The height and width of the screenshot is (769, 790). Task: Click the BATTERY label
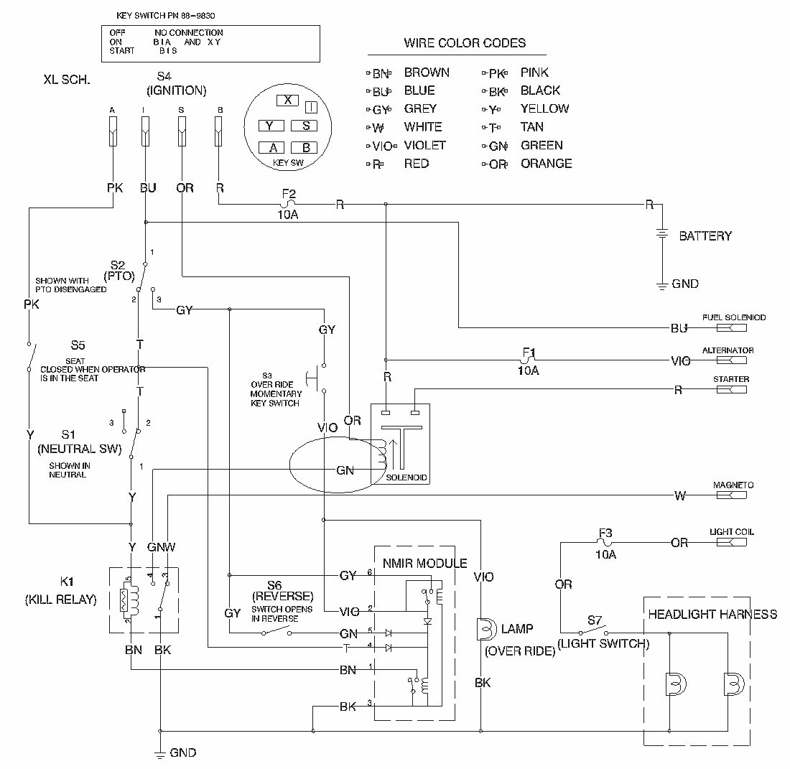pyautogui.click(x=705, y=236)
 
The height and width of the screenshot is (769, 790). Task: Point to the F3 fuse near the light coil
pyautogui.click(x=605, y=543)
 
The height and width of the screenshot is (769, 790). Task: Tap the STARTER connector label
pyautogui.click(x=731, y=379)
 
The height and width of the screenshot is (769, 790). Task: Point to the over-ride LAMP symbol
pyautogui.click(x=485, y=630)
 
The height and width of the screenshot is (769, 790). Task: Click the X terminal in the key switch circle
pyautogui.click(x=287, y=101)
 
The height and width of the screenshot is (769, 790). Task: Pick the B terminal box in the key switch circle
pyautogui.click(x=305, y=148)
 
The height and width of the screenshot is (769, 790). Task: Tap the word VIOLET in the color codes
pyautogui.click(x=425, y=145)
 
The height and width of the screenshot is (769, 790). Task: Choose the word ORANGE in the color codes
pyautogui.click(x=546, y=163)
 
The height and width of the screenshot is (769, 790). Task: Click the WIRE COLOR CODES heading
pyautogui.click(x=465, y=43)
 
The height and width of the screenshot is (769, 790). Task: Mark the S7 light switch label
pyautogui.click(x=594, y=619)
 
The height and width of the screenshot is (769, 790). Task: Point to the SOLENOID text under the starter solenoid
pyautogui.click(x=406, y=477)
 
